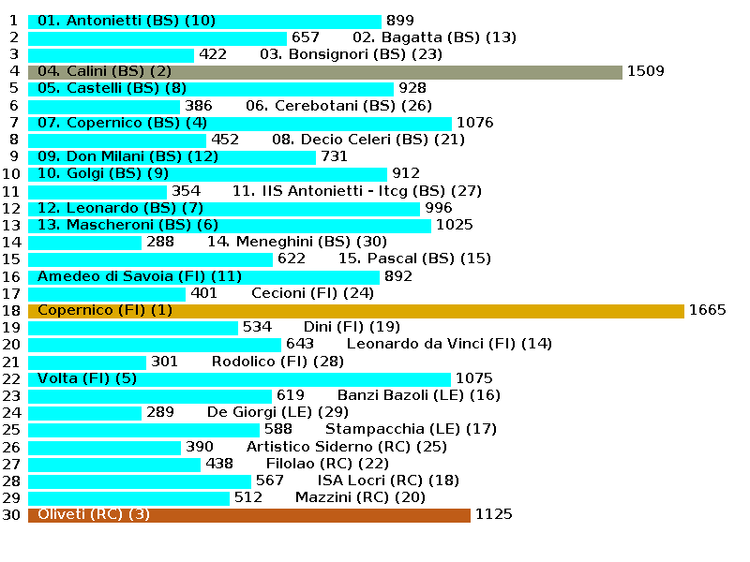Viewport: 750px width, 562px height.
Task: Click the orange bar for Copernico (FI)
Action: pos(356,310)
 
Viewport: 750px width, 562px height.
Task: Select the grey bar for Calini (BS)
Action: pos(325,71)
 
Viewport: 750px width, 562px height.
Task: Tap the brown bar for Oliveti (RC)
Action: pos(249,514)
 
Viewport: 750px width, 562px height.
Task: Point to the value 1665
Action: pos(707,310)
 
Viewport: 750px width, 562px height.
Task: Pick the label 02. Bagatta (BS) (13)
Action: pos(434,37)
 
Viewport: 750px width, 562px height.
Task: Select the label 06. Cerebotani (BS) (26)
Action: pos(338,106)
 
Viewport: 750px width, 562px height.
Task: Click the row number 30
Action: pos(11,514)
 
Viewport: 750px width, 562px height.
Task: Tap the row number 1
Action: pos(13,21)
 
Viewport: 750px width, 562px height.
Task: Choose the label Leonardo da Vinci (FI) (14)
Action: pos(449,344)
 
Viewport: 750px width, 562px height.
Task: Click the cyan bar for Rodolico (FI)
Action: pos(87,362)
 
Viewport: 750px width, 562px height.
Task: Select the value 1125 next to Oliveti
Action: pos(494,514)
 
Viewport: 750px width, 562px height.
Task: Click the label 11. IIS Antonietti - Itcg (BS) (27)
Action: pos(356,191)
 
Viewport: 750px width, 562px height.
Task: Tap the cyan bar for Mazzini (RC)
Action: pos(128,497)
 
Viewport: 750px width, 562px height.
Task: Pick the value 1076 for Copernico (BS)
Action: pos(474,123)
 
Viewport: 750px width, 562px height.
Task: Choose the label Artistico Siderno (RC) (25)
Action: pos(346,447)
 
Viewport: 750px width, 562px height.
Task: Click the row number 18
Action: pos(11,310)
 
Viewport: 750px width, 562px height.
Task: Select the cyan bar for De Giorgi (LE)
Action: pos(85,412)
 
